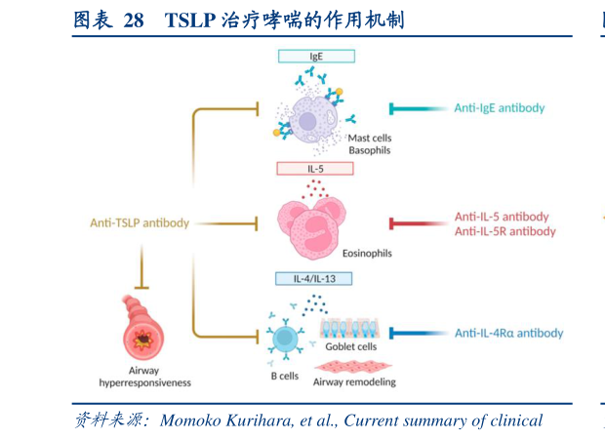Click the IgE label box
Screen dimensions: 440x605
click(x=315, y=57)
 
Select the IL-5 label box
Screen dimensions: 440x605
click(x=315, y=168)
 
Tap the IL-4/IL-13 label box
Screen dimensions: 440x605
click(x=315, y=278)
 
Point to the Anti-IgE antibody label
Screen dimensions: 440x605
click(x=499, y=107)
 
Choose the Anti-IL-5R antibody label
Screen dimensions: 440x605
click(x=504, y=231)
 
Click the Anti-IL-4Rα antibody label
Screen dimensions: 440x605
click(x=508, y=333)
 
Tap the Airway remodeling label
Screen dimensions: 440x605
click(x=354, y=381)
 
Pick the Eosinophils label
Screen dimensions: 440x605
click(x=368, y=252)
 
